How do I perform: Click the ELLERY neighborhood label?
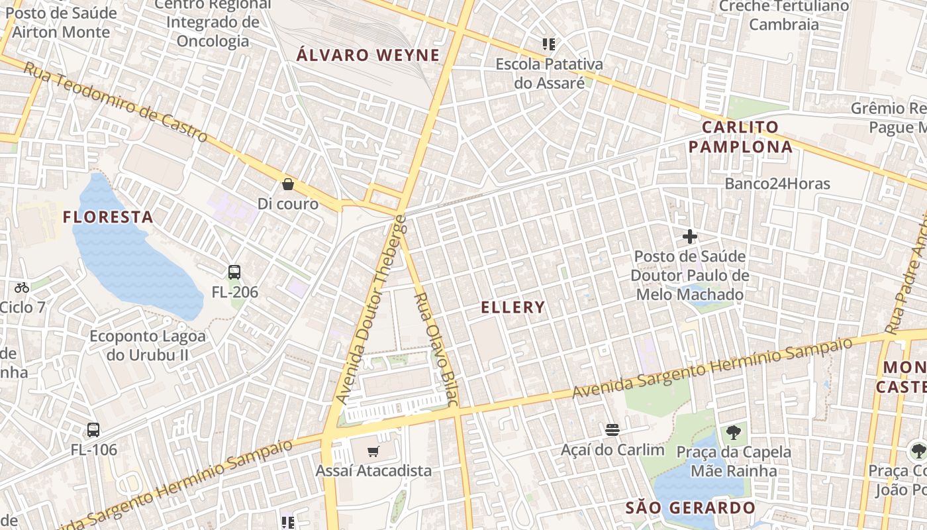pyautogui.click(x=513, y=307)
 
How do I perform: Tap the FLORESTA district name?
pyautogui.click(x=108, y=217)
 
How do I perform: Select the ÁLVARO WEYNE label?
pyautogui.click(x=368, y=55)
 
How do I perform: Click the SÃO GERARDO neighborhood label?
pyautogui.click(x=691, y=508)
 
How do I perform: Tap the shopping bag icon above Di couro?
pyautogui.click(x=288, y=184)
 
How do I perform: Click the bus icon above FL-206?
pyautogui.click(x=234, y=272)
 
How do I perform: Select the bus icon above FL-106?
pyautogui.click(x=93, y=429)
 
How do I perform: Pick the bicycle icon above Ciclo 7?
pyautogui.click(x=22, y=288)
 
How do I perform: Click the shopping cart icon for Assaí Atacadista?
pyautogui.click(x=373, y=452)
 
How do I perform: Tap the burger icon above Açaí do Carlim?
pyautogui.click(x=612, y=430)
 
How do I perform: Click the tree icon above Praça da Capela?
pyautogui.click(x=733, y=433)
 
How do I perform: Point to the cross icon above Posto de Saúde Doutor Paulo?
pyautogui.click(x=690, y=236)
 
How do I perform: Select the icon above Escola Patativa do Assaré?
pyautogui.click(x=549, y=44)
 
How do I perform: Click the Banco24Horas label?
pyautogui.click(x=777, y=184)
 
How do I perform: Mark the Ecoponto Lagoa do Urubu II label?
pyautogui.click(x=148, y=345)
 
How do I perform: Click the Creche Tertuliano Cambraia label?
pyautogui.click(x=784, y=15)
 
